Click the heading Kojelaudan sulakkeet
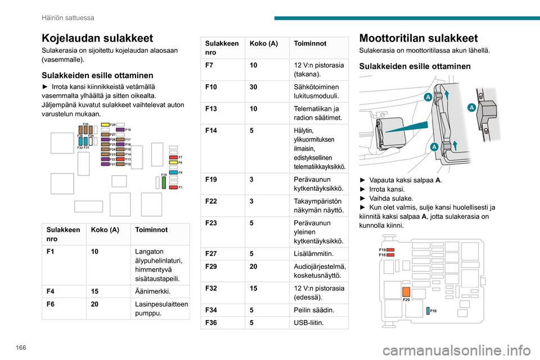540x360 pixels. (x=97, y=38)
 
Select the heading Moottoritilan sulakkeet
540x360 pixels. (x=418, y=38)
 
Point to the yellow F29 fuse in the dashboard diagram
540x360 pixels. (x=105, y=124)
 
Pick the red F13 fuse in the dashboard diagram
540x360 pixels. (x=120, y=159)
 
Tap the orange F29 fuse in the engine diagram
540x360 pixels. (x=406, y=291)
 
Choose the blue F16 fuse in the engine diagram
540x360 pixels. (x=427, y=310)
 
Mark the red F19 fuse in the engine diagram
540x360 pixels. (x=390, y=249)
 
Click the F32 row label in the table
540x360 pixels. (x=211, y=288)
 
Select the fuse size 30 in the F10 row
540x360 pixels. (x=253, y=87)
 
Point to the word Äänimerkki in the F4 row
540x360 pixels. (x=153, y=291)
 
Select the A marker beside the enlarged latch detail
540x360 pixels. (x=471, y=107)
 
